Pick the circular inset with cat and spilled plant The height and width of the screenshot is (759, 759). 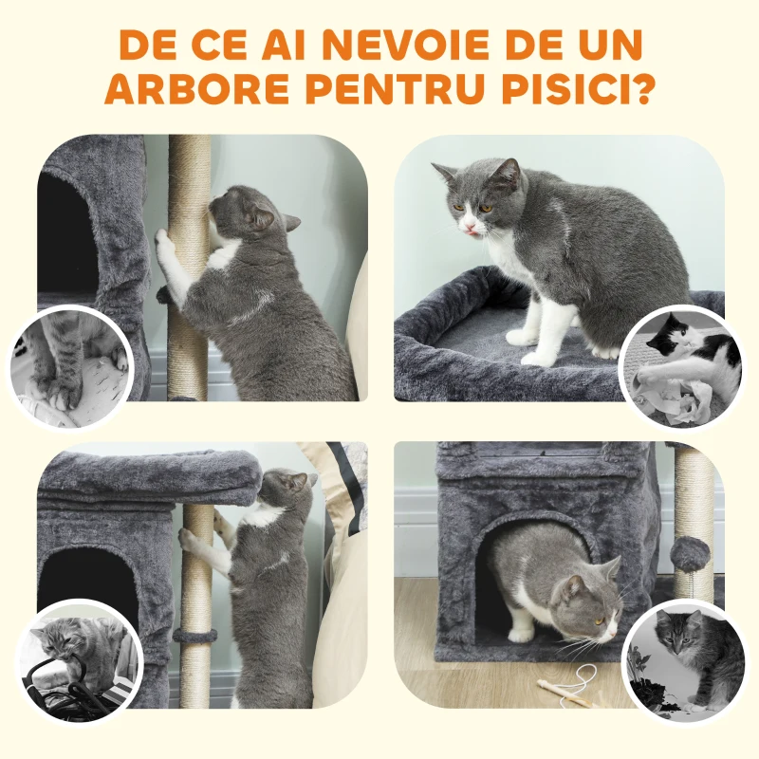pyautogui.click(x=685, y=659)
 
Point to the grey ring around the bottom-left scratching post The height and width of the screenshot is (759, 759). pyautogui.click(x=195, y=634)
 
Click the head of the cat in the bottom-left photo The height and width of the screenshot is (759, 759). pyautogui.click(x=287, y=489)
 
